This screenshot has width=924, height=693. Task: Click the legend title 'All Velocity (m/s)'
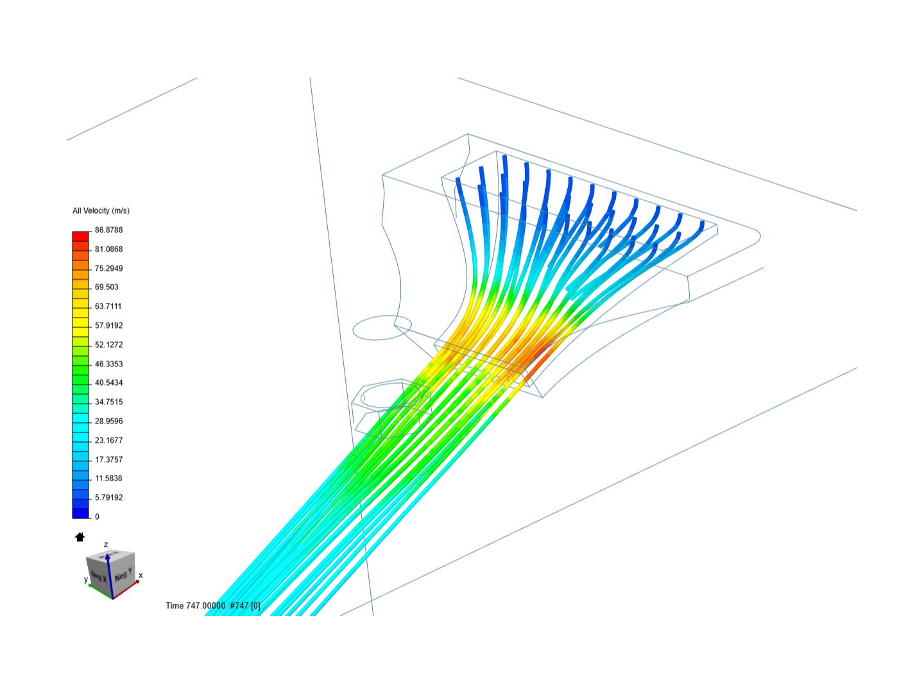tap(101, 211)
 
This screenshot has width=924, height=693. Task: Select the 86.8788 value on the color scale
tap(108, 230)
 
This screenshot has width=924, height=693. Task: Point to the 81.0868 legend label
tap(108, 249)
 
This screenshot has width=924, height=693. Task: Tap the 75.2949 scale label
tap(108, 268)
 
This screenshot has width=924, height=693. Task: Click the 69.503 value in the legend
tap(107, 287)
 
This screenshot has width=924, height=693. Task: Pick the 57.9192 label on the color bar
tap(108, 326)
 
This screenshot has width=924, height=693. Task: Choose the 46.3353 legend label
tap(108, 364)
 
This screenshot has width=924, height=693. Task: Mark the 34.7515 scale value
tap(108, 402)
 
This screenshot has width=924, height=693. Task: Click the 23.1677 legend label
tap(108, 441)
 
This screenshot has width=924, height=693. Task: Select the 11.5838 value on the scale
tap(108, 479)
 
